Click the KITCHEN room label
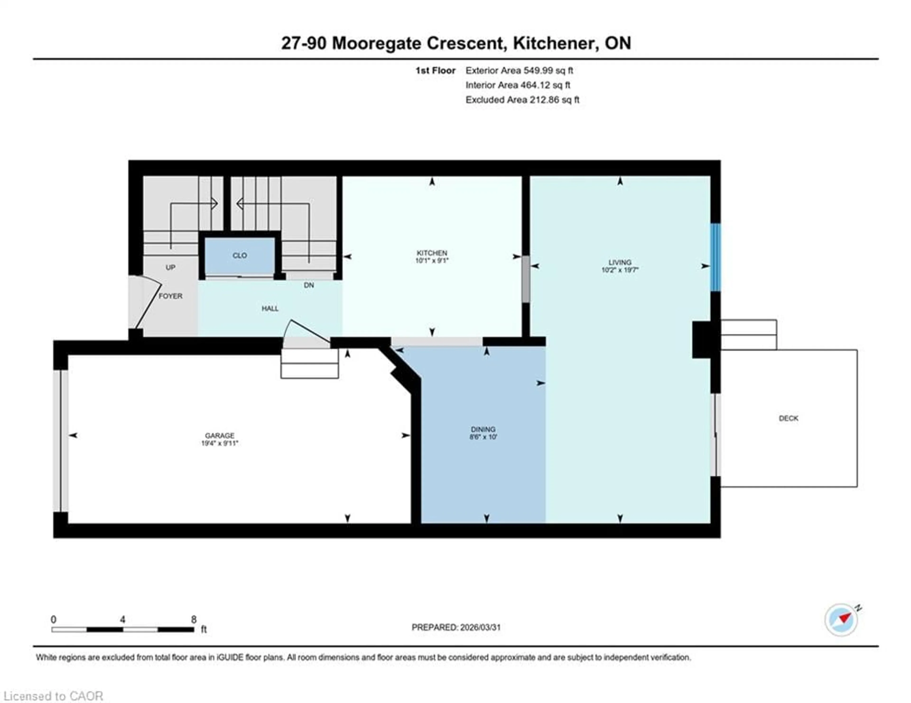pos(432,253)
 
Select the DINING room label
pos(483,429)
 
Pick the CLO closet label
pos(239,255)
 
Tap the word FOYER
pos(170,296)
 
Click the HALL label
pos(270,309)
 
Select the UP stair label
pos(170,267)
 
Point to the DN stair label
pos(309,285)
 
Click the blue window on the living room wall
pos(715,257)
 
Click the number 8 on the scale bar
pos(194,619)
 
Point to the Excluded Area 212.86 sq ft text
pos(522,100)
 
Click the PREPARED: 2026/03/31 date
pos(456,627)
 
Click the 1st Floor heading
pos(435,70)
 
